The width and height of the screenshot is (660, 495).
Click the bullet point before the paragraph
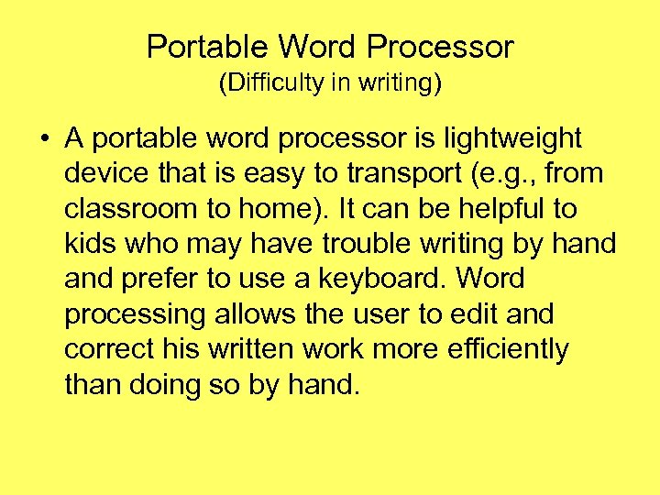tap(45, 139)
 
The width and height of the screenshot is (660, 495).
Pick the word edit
tap(478, 314)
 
